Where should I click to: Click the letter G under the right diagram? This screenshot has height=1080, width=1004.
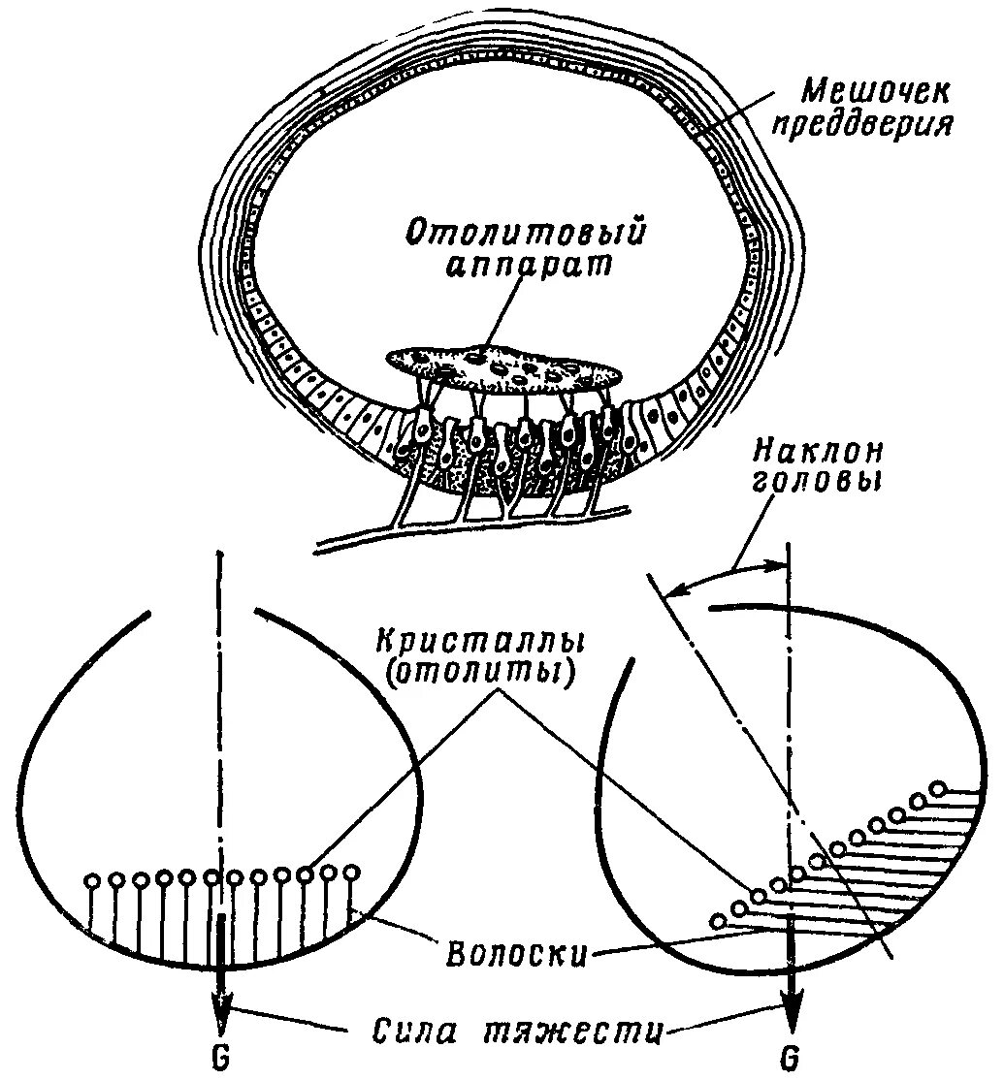pos(792,1060)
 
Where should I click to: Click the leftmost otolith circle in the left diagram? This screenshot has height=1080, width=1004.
pos(93,881)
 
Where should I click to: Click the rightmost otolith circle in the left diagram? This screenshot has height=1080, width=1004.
pos(351,872)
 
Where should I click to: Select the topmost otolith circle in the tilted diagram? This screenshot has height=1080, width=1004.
pos(938,787)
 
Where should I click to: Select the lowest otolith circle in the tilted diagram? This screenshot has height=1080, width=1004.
pos(718,921)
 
